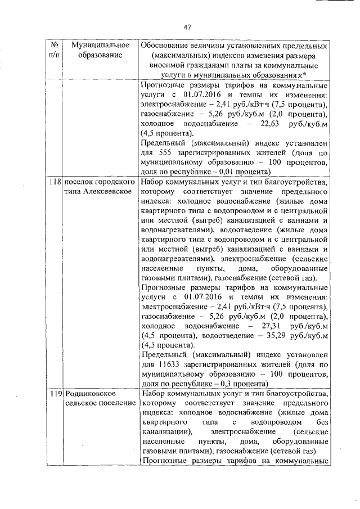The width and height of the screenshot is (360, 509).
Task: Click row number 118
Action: [55, 183]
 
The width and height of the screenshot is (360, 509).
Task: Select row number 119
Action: [55, 394]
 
